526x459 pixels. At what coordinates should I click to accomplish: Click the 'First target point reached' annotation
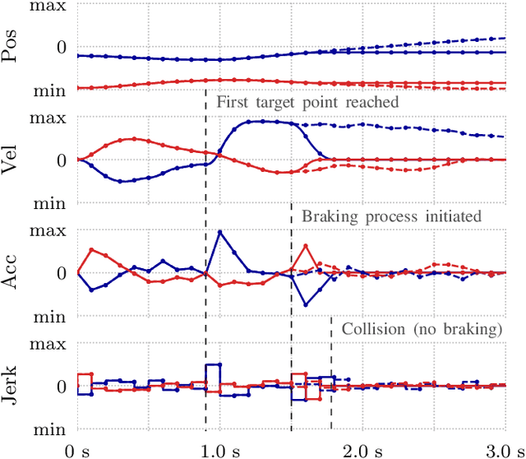click(307, 103)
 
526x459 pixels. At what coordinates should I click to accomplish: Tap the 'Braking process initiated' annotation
click(391, 216)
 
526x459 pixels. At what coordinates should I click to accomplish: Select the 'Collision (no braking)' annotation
click(422, 329)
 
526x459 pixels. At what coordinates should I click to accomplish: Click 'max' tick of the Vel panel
click(49, 118)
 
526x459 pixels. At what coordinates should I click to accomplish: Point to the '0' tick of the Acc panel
click(61, 273)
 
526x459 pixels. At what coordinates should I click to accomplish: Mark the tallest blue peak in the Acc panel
click(219, 232)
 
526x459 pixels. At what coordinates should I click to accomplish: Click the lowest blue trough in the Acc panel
click(306, 305)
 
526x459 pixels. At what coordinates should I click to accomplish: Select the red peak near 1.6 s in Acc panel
click(306, 245)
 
